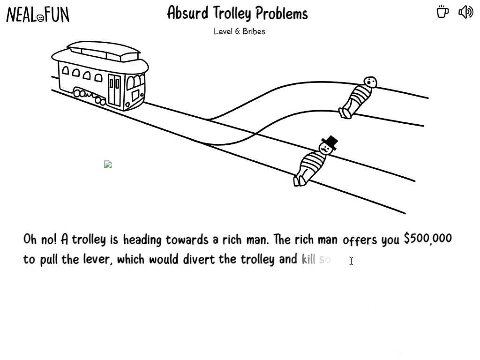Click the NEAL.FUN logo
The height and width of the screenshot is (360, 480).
(37, 15)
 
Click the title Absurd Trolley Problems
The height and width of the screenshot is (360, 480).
(237, 13)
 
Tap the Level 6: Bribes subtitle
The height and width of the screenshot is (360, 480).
(240, 31)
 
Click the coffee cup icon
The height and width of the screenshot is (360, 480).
(442, 12)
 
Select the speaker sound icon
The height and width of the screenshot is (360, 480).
(465, 12)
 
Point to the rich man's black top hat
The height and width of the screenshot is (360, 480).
(330, 142)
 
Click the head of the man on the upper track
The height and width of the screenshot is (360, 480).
(370, 82)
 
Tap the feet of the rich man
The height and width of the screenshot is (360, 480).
(299, 180)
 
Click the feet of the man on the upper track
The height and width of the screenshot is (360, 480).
(345, 113)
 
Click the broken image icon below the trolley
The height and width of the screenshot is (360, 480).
(108, 164)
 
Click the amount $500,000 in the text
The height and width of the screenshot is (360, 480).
(427, 239)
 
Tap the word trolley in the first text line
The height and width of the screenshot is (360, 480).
(89, 240)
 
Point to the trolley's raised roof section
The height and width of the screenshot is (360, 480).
(104, 49)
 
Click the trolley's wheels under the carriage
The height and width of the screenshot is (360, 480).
(89, 97)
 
